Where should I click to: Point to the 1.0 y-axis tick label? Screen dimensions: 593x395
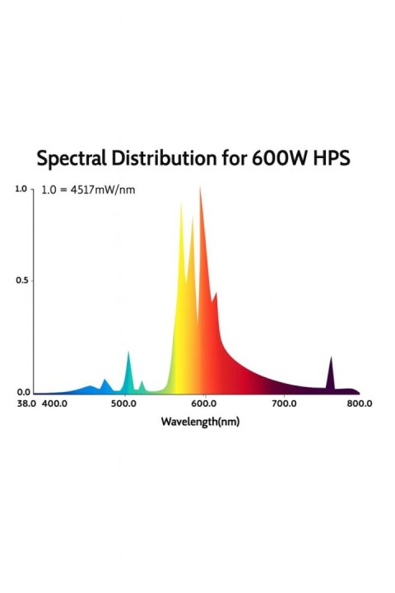[x=21, y=189]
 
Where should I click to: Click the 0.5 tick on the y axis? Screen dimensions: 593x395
[x=22, y=281]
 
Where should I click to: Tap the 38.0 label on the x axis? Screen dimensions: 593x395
[x=26, y=404]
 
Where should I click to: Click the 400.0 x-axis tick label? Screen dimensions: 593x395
[x=54, y=404]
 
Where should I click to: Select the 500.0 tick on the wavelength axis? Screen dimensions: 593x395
[x=124, y=404]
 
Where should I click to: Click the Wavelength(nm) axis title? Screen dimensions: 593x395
[x=199, y=422]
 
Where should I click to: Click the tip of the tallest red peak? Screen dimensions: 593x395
[x=200, y=189]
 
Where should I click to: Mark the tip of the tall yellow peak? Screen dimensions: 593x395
[x=181, y=204]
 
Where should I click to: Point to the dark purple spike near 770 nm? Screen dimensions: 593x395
[x=331, y=359]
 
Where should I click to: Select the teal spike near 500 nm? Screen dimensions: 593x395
[x=128, y=354]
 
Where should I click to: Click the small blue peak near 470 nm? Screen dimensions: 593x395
[x=105, y=381]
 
